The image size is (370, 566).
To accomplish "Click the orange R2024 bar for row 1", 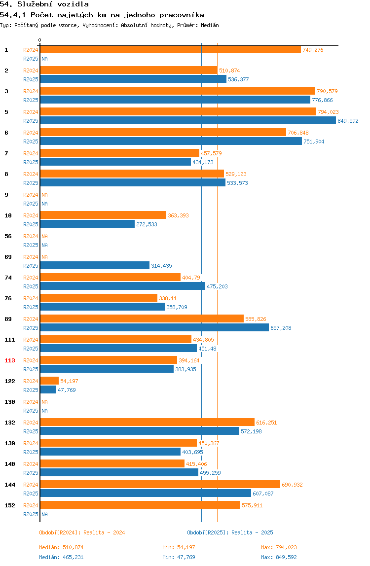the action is coord(170,50).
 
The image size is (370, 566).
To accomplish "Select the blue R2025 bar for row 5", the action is coord(188,121).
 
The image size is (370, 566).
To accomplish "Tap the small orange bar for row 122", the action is coord(49,381).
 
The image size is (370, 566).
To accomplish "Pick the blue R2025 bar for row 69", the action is coord(95,266).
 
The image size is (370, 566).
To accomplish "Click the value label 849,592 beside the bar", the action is coord(348,121).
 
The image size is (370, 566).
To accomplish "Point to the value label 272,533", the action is coord(147,224).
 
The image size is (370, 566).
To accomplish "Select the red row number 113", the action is coord(10,360).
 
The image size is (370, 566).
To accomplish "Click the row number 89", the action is coord(8,319).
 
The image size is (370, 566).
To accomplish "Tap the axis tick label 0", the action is coord(40,40).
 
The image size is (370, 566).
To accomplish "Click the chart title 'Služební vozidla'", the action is coord(53,4).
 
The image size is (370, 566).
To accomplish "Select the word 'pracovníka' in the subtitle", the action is coord(182,15).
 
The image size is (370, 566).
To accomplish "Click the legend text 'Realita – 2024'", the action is coord(104,532).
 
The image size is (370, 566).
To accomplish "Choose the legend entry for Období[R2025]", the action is coord(230,532).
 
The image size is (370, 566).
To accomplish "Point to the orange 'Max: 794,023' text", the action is coord(279,548).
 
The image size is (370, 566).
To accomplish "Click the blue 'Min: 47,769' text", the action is coord(179,557).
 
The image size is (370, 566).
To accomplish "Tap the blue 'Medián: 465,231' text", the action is coord(61,557).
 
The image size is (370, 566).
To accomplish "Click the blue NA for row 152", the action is coord(44,514).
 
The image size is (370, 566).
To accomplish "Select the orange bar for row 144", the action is coord(160,485).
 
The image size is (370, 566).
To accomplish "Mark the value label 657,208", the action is coord(281,328).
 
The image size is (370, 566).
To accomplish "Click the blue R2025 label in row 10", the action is coord(31,224).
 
